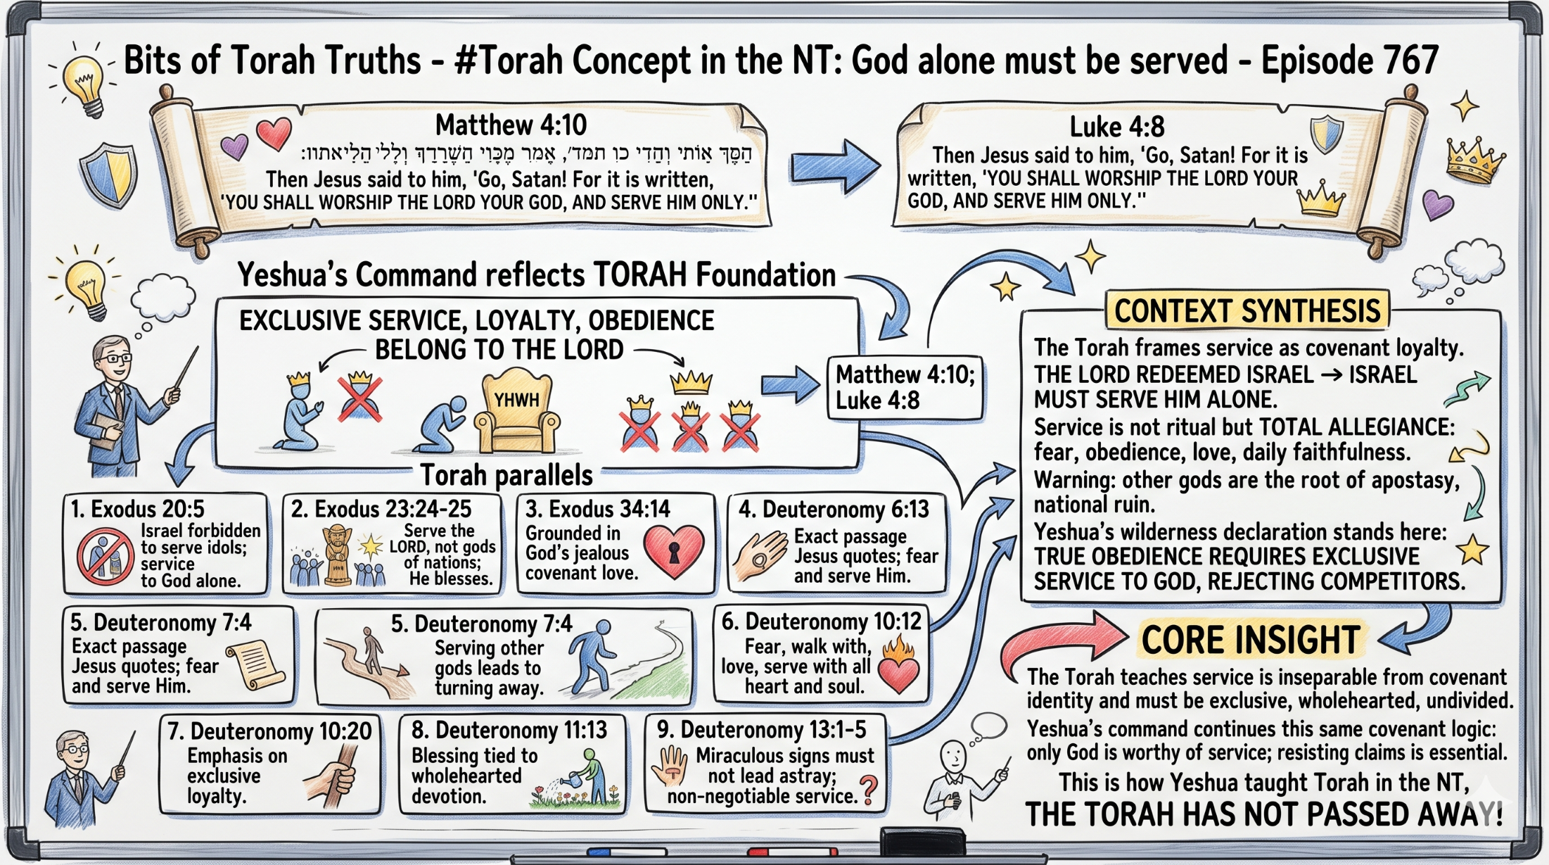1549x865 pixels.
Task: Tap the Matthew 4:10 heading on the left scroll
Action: pos(511,125)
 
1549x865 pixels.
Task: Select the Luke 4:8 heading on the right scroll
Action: pos(1116,127)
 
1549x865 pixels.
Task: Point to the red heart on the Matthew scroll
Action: pos(274,133)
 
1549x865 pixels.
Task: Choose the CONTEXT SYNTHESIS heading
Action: pos(1247,311)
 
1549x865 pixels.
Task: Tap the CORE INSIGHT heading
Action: pos(1250,640)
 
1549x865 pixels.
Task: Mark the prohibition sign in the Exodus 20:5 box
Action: pos(106,556)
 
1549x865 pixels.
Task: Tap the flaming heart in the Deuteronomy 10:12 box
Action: pos(898,664)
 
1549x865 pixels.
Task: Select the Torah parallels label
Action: pos(506,476)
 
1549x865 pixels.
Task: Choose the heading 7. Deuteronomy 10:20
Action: pos(269,731)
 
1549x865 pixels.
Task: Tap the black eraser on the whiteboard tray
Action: pos(922,841)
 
